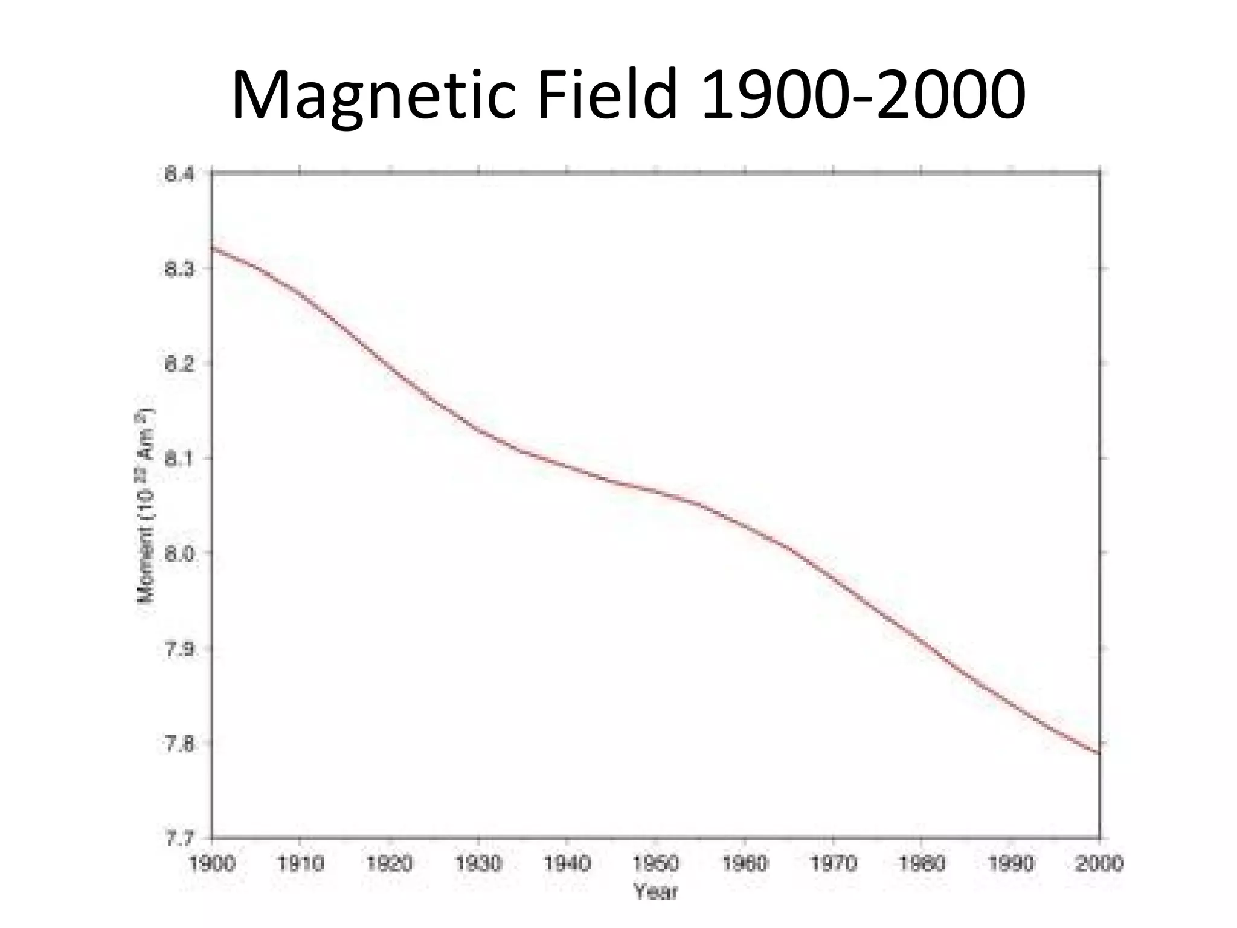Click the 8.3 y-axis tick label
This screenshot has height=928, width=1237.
click(x=179, y=269)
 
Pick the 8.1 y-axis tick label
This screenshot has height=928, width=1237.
click(x=179, y=459)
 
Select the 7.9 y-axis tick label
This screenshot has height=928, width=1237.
click(x=179, y=649)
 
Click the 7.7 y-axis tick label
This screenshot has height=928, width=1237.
click(x=179, y=839)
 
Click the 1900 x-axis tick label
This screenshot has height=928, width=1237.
click(x=212, y=863)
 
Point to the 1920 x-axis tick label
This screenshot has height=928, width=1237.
click(x=390, y=863)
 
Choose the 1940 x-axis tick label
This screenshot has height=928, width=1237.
click(x=567, y=863)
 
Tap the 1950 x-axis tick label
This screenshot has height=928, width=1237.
click(x=655, y=863)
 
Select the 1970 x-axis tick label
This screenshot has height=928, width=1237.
click(x=833, y=863)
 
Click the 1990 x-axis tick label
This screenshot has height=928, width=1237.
click(x=1010, y=863)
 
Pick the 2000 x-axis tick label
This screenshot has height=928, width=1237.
click(x=1099, y=863)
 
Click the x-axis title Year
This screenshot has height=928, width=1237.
click(x=655, y=891)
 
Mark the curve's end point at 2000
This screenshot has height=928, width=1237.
click(x=1099, y=753)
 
